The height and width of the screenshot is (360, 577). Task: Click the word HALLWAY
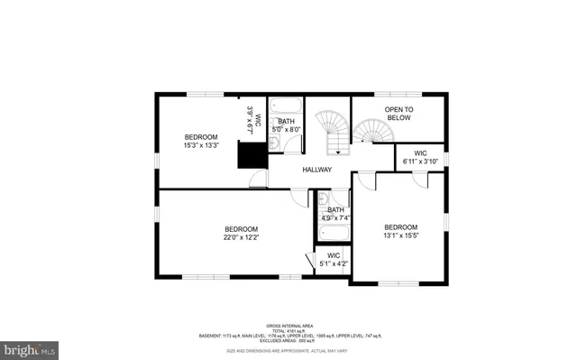(x=316, y=170)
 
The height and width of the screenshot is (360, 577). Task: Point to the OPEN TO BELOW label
(x=398, y=114)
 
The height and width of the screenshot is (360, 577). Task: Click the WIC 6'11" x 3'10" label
(x=420, y=157)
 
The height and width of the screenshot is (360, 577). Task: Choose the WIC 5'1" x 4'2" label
(x=334, y=261)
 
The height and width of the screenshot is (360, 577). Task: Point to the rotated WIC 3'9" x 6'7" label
(x=253, y=120)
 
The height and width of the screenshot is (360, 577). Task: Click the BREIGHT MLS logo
(x=30, y=347)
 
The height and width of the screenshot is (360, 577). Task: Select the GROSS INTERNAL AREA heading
(x=288, y=325)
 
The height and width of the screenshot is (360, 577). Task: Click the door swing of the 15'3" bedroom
(x=258, y=180)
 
